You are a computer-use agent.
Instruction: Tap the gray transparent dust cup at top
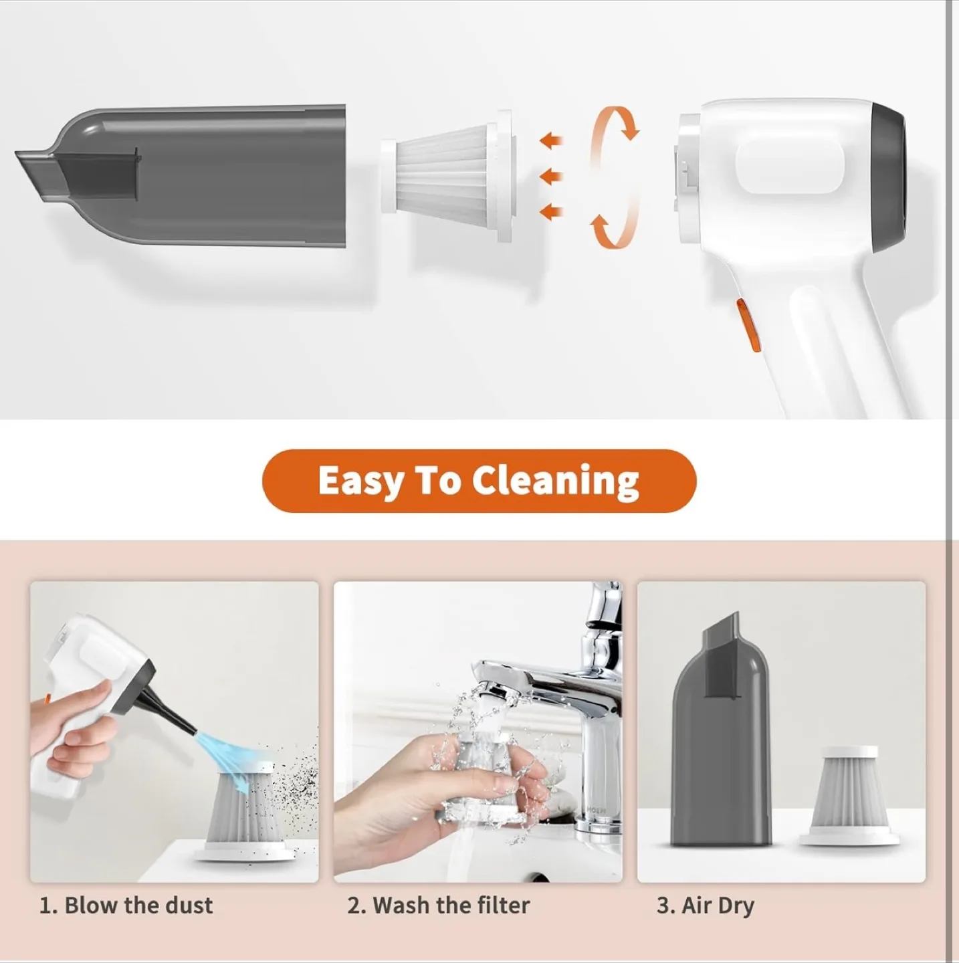coord(221,175)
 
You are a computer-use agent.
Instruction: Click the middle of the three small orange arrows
coord(550,177)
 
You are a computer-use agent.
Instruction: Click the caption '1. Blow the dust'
coord(126,905)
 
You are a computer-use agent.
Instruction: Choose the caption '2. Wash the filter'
coord(438,905)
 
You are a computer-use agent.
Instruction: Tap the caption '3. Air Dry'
coord(706,905)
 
